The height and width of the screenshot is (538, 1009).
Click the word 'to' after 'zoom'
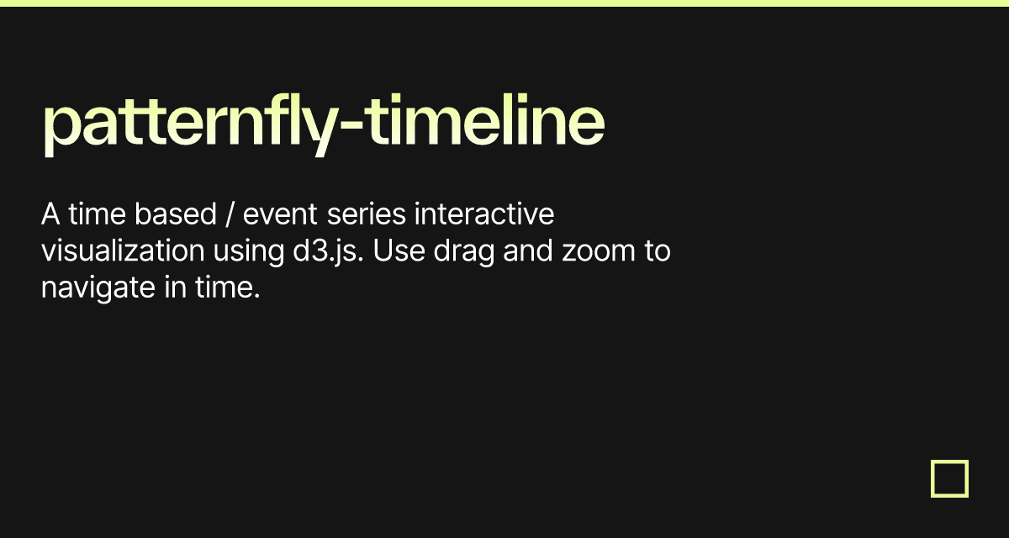tap(657, 251)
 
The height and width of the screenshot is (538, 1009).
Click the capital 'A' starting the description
tap(50, 215)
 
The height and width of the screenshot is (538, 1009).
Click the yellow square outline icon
tap(949, 478)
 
